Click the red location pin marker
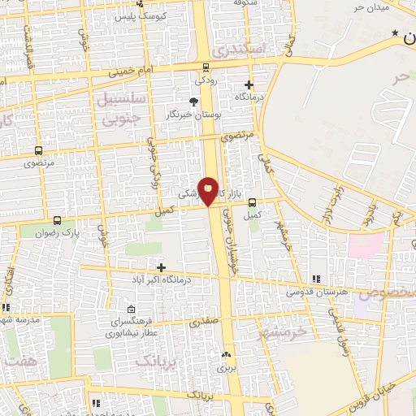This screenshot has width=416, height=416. point(209,190)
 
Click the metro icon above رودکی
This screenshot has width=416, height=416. point(206,67)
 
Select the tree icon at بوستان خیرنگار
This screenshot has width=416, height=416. point(193,102)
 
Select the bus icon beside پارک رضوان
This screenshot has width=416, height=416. point(57,220)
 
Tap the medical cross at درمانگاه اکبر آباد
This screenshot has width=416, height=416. point(161,266)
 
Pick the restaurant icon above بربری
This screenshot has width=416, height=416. point(227,354)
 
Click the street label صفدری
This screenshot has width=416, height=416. point(205,322)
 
